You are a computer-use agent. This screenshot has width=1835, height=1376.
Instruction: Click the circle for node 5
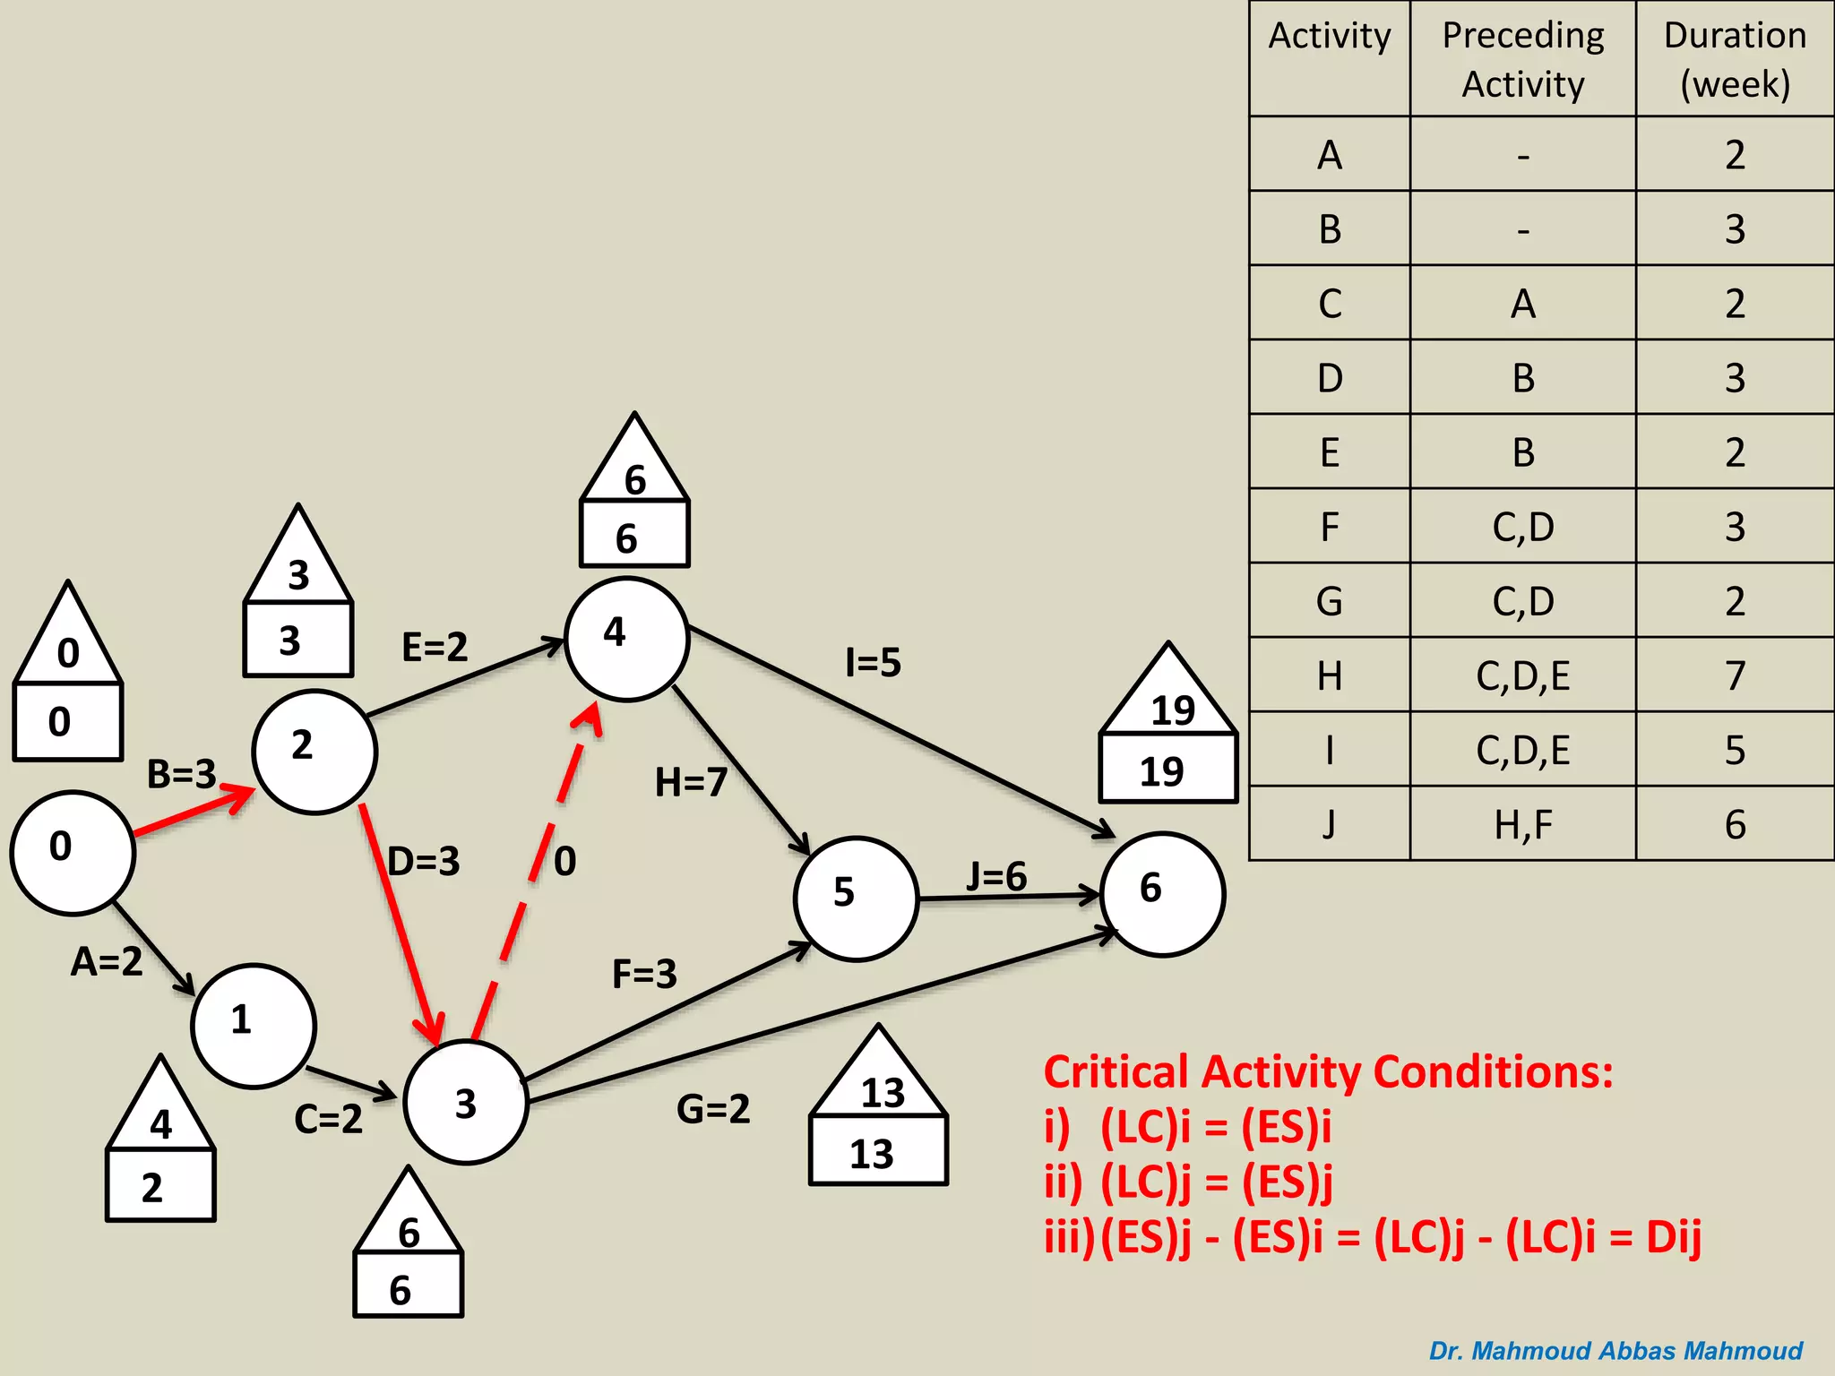[856, 899]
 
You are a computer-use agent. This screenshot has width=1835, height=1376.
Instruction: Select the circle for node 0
[73, 852]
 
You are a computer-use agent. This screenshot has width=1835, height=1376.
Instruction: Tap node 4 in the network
[626, 639]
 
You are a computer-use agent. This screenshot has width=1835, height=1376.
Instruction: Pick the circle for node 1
[254, 1026]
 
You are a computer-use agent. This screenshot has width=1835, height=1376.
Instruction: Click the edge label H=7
[691, 782]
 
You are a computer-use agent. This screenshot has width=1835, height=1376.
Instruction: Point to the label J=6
[996, 876]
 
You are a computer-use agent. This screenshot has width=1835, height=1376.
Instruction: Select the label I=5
[873, 663]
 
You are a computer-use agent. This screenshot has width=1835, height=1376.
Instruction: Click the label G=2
[713, 1109]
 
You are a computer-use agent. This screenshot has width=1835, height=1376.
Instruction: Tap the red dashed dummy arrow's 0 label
[564, 861]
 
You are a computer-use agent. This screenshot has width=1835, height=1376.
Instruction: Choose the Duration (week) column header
[1735, 59]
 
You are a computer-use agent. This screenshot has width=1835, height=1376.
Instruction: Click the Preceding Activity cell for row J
[1522, 824]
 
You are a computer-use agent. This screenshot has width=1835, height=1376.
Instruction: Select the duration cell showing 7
[1735, 675]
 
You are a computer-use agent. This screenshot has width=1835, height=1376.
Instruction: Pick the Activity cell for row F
[1330, 527]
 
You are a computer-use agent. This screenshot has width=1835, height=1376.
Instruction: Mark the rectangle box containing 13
[878, 1152]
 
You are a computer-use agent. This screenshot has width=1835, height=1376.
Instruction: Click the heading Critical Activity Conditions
[1328, 1071]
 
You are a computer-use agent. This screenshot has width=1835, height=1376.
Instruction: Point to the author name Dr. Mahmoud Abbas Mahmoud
[1615, 1350]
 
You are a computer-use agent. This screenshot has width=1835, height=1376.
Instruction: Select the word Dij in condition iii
[1673, 1237]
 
